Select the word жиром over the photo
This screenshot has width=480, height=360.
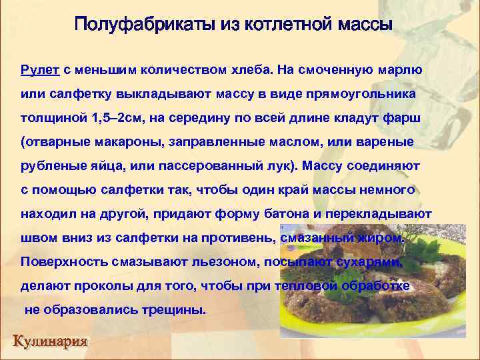click(382, 238)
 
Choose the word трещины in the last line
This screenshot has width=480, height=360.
click(173, 310)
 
